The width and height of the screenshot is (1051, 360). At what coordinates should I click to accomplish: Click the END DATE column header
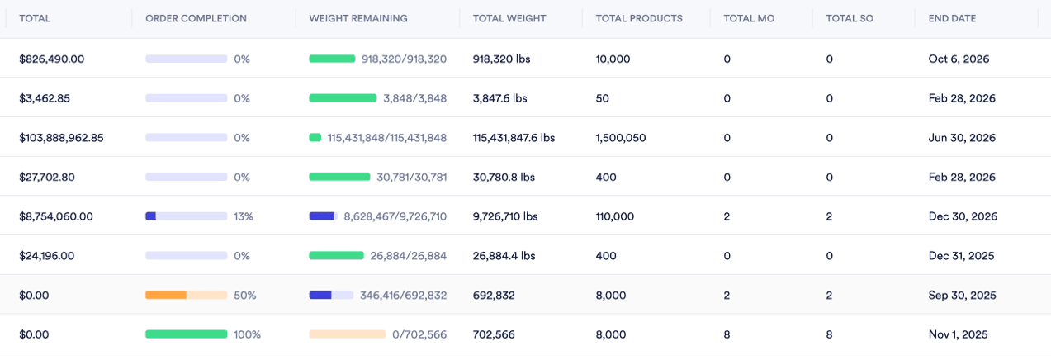click(x=952, y=18)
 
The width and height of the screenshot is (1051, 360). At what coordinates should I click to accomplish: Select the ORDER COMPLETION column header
click(x=196, y=18)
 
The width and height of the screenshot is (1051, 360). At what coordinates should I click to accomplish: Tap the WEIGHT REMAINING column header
click(x=357, y=18)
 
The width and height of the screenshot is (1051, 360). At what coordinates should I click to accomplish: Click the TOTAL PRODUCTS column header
click(x=639, y=18)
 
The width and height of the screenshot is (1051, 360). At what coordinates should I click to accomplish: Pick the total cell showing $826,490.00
click(x=52, y=59)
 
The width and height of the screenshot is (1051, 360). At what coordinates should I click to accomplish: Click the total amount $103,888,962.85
click(x=62, y=138)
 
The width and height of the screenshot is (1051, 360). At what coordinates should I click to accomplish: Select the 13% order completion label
click(x=244, y=216)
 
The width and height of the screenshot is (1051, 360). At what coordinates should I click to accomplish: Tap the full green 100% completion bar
click(x=186, y=334)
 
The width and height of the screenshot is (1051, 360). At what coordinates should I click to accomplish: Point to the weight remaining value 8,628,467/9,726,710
click(x=395, y=216)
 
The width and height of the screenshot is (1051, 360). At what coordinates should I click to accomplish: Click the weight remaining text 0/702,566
click(x=419, y=334)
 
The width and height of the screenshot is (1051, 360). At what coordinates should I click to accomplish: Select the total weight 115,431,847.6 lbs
click(x=514, y=138)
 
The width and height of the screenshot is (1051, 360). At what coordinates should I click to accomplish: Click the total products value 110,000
click(x=615, y=216)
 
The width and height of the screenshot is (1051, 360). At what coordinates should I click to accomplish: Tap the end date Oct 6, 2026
click(x=959, y=59)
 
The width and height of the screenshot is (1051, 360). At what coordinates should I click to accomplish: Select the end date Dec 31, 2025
click(x=961, y=256)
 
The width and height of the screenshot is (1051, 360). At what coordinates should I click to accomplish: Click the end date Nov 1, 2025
click(x=958, y=334)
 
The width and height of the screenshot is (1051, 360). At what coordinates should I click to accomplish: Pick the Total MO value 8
click(x=727, y=334)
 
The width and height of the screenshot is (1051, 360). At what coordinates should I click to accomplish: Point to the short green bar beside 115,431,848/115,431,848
click(x=315, y=138)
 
